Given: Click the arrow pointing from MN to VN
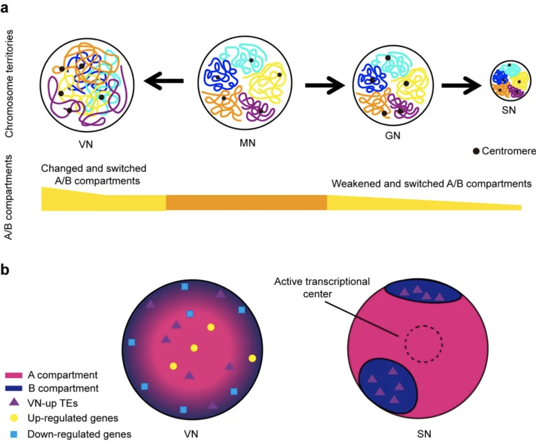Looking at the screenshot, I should pos(164,81).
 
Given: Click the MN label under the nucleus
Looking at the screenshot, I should pos(247,143).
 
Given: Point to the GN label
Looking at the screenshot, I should pos(392,136).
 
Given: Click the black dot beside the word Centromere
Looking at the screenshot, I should pos(476,151).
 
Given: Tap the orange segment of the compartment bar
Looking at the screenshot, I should pos(246,203).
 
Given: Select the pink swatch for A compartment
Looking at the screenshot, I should pos(14,375).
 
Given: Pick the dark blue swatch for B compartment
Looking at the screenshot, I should pos(14,389).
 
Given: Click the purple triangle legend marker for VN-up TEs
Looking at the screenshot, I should pos(14,402).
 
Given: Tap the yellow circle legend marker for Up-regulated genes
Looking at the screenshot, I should pos(14,418).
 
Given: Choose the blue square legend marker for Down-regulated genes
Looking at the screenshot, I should pos(14,434).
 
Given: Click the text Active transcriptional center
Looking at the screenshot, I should pos(322,287).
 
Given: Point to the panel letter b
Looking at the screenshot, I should pos(5,270).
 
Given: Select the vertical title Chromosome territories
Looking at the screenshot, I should pos(9,84).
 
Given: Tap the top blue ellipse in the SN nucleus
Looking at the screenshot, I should pos(423,291).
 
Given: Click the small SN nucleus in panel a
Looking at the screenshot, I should pos(510,81).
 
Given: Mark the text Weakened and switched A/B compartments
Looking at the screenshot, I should pos(431,184).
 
